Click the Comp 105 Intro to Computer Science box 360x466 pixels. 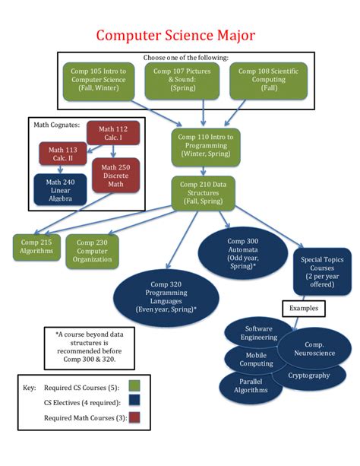pos(96,80)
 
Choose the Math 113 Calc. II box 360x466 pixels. pos(63,156)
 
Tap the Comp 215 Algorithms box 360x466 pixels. pos(36,246)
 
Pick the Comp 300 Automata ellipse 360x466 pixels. pos(242,250)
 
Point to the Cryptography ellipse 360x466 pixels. pos(309,375)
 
